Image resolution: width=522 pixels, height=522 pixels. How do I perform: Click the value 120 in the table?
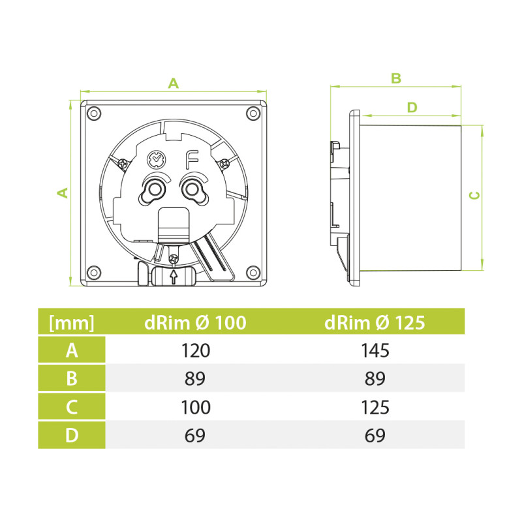tap(196, 350)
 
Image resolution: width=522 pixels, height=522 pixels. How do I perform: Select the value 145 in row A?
tap(375, 350)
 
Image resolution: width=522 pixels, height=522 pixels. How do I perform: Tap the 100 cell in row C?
tap(196, 407)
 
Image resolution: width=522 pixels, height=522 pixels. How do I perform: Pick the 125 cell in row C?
tap(375, 407)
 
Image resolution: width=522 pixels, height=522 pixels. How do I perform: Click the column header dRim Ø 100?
tap(195, 322)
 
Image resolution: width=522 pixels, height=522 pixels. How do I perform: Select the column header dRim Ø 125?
tap(375, 322)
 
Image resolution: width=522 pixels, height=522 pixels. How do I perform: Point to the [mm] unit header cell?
tap(72, 322)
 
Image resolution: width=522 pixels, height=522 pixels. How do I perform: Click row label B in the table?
tap(72, 379)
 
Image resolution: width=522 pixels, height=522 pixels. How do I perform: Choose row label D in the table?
tap(72, 435)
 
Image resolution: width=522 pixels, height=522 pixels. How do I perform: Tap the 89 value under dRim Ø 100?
tap(196, 379)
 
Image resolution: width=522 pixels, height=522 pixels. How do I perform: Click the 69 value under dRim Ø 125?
tap(375, 435)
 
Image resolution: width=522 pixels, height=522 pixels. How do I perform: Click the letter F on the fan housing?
tap(192, 158)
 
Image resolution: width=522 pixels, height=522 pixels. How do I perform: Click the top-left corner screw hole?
tap(93, 113)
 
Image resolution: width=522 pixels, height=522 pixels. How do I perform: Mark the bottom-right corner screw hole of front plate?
tap(252, 272)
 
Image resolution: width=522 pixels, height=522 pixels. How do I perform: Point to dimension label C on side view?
tap(476, 195)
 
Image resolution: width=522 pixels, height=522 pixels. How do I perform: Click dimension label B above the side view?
tap(395, 78)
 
